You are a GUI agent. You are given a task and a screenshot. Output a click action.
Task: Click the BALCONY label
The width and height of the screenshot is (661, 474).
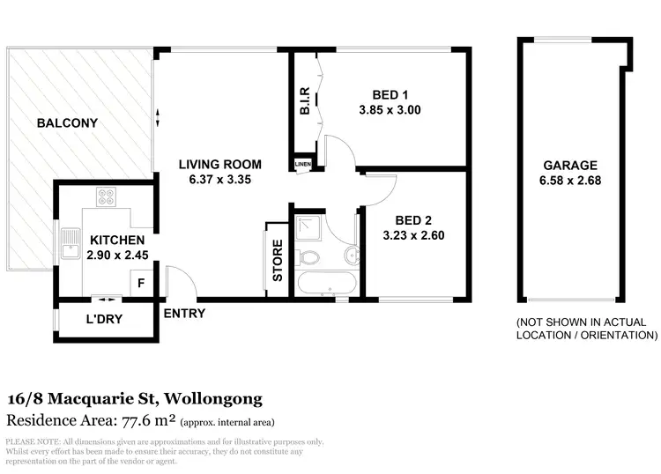click(x=66, y=123)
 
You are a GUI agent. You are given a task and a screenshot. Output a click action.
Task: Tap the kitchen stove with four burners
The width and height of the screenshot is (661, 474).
click(x=108, y=197)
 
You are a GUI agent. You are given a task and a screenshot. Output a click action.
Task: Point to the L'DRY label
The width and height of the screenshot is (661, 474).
click(x=104, y=319)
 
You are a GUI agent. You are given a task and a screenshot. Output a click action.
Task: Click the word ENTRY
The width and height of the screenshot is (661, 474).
click(x=184, y=313)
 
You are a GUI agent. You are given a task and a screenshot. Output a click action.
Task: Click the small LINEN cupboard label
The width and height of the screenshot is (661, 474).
click(x=303, y=165)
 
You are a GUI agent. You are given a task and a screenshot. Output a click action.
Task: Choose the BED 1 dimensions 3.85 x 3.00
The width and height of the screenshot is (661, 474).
click(x=390, y=111)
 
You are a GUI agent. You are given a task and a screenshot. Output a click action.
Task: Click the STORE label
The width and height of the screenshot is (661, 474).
click(x=277, y=260)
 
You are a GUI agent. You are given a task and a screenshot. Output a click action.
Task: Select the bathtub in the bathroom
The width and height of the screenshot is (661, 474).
click(x=326, y=285)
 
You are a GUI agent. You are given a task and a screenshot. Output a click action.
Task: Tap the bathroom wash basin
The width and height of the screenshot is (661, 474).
click(x=351, y=256)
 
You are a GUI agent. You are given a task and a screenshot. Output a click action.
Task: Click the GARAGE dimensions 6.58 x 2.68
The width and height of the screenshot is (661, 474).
click(x=570, y=181)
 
